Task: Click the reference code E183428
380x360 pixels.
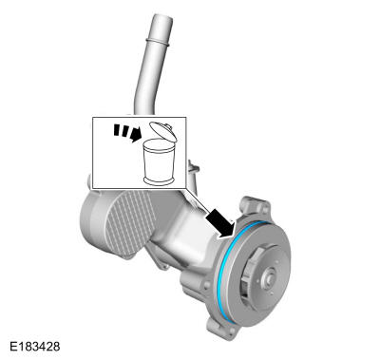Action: coord(34,347)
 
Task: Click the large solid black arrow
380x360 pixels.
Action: coord(220,223)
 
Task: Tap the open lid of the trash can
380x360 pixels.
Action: coord(162,131)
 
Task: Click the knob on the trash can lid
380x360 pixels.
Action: coord(169,127)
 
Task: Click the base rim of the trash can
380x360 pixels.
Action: coord(159,180)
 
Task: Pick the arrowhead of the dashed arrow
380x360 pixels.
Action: coord(136,134)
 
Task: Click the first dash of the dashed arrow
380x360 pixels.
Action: coord(117,130)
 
